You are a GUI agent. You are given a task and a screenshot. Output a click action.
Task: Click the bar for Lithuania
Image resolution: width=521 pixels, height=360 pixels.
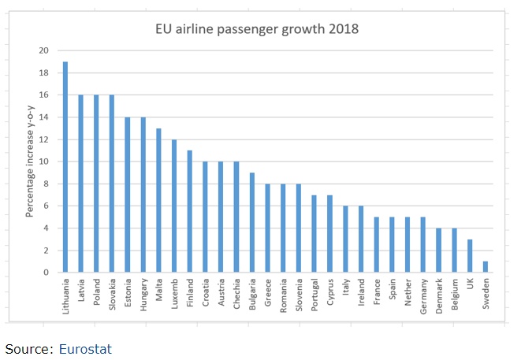[x=65, y=167]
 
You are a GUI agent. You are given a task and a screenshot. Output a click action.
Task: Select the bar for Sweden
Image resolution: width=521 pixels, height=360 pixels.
[x=485, y=267]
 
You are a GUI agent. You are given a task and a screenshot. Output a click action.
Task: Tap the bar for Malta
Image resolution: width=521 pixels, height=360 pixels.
[x=158, y=200]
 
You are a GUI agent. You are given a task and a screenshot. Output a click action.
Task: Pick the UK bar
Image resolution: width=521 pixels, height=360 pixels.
[x=469, y=256]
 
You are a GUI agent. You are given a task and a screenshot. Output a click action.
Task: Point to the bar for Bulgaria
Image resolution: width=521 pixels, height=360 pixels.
[x=251, y=223]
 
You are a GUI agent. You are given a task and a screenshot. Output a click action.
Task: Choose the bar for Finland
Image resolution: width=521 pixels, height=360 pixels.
[x=189, y=211]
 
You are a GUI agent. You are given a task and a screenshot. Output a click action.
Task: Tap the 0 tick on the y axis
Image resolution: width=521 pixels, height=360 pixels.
[x=46, y=273]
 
